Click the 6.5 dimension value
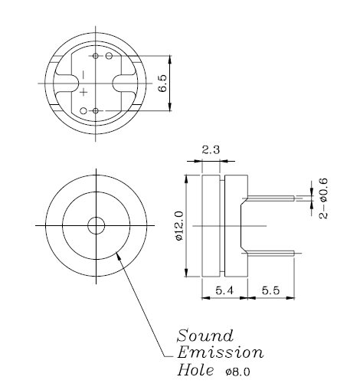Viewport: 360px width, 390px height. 162,83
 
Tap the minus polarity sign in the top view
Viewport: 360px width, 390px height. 83,74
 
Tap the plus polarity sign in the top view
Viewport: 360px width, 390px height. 83,92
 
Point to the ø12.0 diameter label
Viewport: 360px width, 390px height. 178,227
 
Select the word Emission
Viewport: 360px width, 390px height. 220,353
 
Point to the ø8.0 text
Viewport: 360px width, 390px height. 238,372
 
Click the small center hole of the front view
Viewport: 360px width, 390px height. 96,226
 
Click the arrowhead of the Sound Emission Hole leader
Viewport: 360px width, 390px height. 117,254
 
